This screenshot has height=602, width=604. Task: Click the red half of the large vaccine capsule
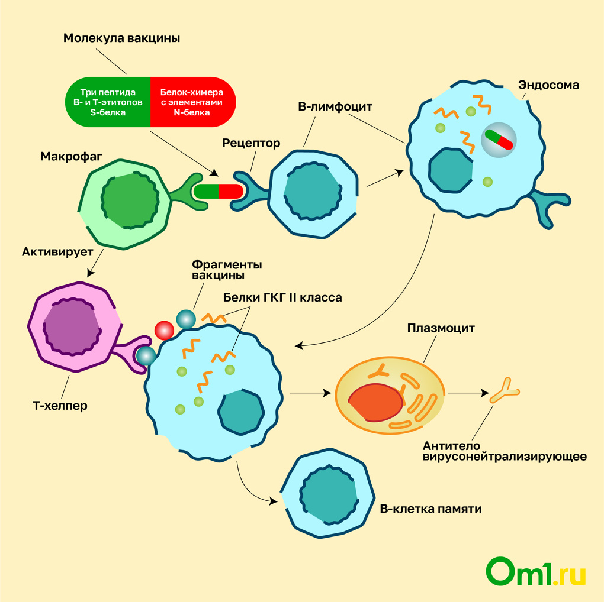click(192, 102)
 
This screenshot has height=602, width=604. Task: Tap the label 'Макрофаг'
click(72, 157)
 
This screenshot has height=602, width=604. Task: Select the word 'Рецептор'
click(251, 143)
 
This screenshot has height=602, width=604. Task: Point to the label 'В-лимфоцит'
click(335, 108)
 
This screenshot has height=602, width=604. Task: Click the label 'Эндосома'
click(548, 85)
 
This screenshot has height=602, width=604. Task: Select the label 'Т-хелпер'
click(60, 406)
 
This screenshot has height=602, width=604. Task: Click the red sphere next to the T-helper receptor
click(163, 330)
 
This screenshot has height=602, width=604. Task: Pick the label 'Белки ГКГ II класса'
click(282, 298)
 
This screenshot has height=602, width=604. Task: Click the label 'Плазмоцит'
click(441, 328)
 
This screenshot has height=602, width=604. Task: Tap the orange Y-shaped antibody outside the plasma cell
click(504, 390)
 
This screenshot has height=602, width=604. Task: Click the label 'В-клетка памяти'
click(430, 509)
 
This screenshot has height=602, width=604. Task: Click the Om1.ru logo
click(536, 572)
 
